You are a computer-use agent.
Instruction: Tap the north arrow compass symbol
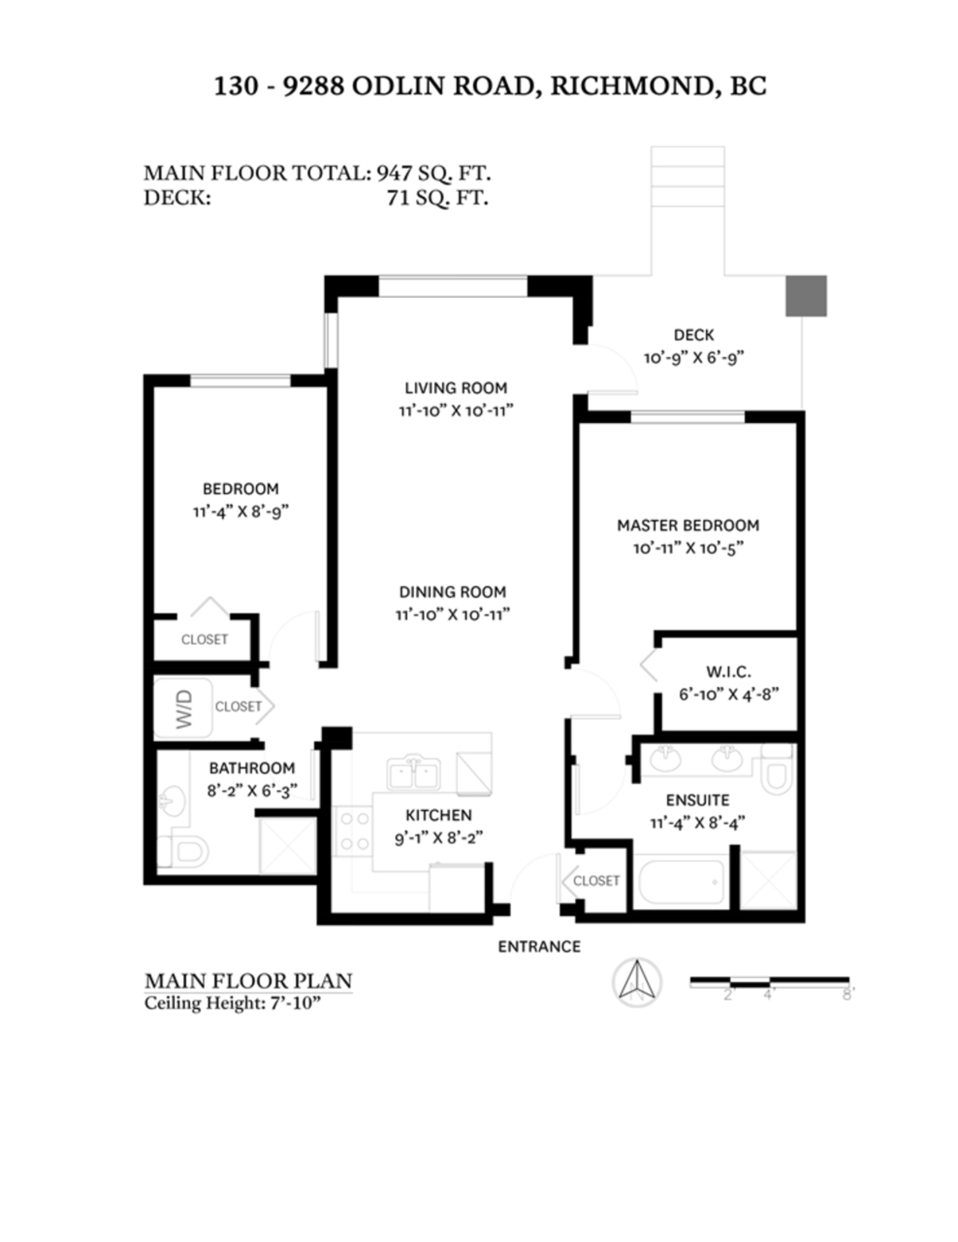637,982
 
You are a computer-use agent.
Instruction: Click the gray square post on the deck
806,296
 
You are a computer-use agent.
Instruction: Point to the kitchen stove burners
354,831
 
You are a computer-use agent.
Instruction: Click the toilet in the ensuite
776,768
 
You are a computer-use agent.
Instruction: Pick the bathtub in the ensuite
681,881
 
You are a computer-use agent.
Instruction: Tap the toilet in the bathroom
182,851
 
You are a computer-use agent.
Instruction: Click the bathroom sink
172,801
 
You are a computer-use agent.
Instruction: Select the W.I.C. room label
729,671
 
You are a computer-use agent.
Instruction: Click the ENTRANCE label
539,946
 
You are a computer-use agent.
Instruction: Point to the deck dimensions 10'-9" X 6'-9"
694,358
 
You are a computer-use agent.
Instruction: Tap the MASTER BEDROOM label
688,525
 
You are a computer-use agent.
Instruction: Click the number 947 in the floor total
394,173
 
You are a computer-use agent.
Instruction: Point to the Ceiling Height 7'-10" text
233,1003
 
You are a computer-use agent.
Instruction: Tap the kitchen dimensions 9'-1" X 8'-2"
438,838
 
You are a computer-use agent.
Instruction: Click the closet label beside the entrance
596,880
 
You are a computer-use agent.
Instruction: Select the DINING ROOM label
452,592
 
